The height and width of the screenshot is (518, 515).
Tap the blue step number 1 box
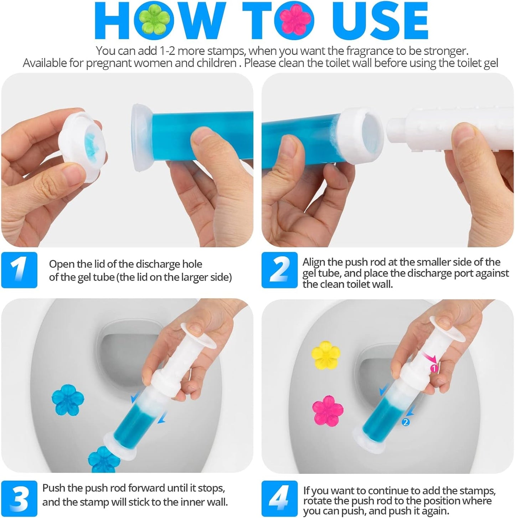19,270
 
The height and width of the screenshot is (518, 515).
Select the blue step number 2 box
279,270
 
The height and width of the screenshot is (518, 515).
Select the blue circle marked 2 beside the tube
405,422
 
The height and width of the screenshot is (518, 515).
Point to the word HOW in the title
157,21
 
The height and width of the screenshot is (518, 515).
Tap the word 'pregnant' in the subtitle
109,63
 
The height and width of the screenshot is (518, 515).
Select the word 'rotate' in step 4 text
315,501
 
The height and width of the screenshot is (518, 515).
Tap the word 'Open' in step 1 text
62,264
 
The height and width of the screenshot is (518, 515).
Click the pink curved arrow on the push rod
428,358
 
